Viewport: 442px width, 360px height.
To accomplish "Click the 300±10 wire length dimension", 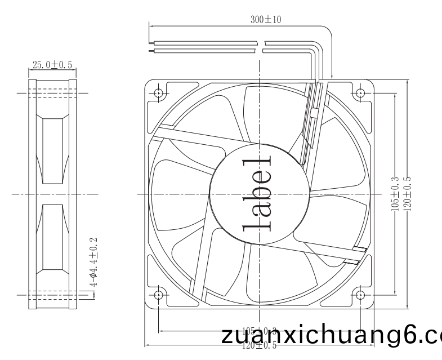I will pyautogui.click(x=266, y=20).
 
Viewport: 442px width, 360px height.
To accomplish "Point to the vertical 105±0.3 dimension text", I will pyautogui.click(x=394, y=193).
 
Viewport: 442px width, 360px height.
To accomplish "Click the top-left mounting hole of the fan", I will pyautogui.click(x=158, y=92).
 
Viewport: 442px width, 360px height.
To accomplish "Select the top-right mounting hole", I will pyautogui.click(x=360, y=92).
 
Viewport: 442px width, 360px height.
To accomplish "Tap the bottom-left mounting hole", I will pyautogui.click(x=158, y=294).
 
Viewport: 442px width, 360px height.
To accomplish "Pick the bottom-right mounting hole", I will pyautogui.click(x=360, y=294).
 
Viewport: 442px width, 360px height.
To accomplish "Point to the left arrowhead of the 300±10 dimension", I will pyautogui.click(x=151, y=25).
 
